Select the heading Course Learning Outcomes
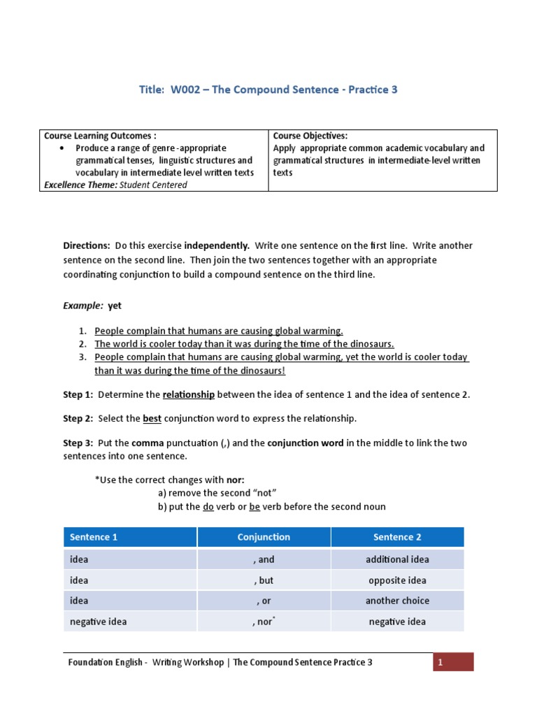point(100,136)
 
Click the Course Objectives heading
point(310,136)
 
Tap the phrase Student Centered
point(153,185)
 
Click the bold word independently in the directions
point(217,245)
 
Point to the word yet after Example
point(115,306)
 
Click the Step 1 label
point(78,394)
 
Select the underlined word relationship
point(188,394)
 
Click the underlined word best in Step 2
point(152,418)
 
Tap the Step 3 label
point(78,443)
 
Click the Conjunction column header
point(264,537)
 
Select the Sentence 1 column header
point(94,537)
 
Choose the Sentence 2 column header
point(397,537)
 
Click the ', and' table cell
point(264,559)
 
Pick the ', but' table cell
point(264,580)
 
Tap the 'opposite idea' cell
point(397,580)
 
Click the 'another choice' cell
point(397,601)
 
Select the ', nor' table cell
point(264,622)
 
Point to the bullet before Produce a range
point(64,148)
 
